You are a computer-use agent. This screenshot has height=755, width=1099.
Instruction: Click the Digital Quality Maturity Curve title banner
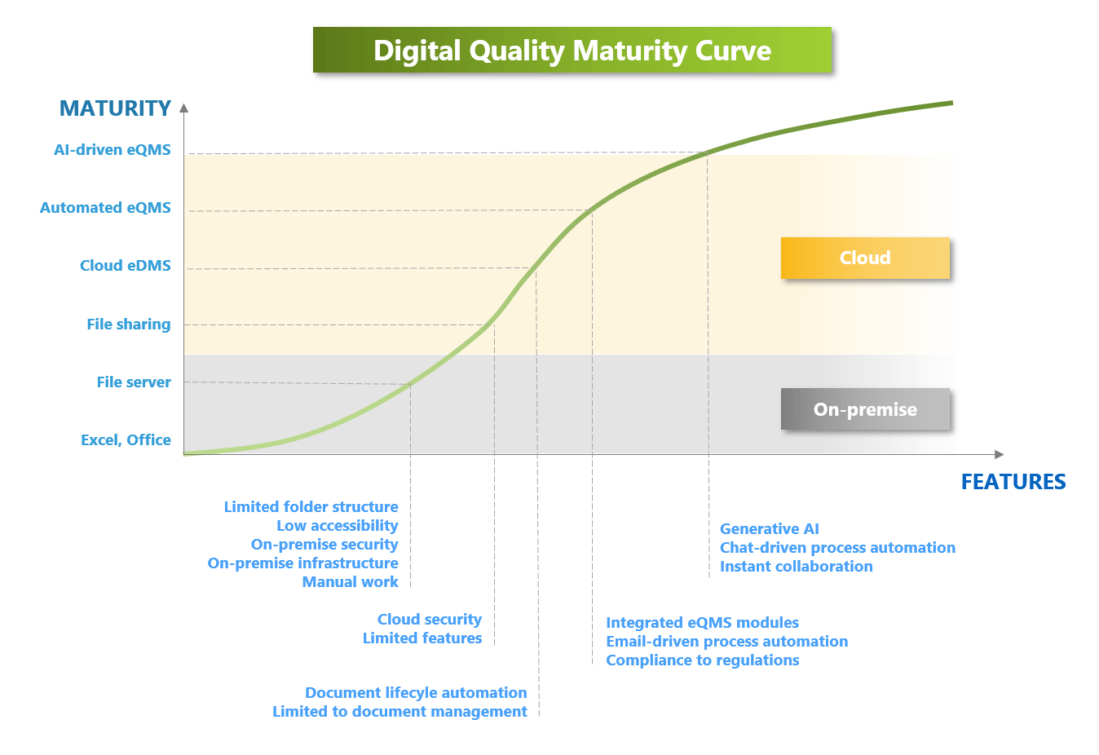[x=572, y=50]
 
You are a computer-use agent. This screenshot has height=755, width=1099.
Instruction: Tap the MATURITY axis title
[x=115, y=108]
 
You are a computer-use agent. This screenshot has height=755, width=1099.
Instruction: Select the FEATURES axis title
[x=1013, y=482]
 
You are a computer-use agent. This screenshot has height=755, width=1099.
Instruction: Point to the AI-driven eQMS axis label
[x=113, y=150]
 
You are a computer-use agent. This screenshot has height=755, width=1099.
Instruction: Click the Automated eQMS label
[x=105, y=208]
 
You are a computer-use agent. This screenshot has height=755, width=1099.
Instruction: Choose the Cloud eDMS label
[x=126, y=266]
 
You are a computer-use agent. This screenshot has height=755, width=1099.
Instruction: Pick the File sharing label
[x=129, y=325]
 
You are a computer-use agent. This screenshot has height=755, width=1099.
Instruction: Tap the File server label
[x=134, y=382]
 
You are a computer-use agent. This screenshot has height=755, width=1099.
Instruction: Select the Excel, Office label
[x=126, y=440]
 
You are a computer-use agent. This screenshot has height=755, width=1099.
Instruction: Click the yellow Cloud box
[x=866, y=258]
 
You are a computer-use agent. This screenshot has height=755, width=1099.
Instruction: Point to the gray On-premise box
[x=866, y=409]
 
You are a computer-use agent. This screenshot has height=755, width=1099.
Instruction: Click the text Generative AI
[x=770, y=529]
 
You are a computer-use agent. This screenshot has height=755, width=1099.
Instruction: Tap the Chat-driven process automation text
[x=837, y=547]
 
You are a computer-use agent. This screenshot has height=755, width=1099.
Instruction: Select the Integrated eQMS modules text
[x=702, y=623]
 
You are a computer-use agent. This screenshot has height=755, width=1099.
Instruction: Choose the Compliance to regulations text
[x=703, y=660]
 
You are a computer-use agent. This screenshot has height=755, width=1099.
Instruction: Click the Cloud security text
[x=430, y=620]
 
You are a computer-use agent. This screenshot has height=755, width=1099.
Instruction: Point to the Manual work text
[x=351, y=582]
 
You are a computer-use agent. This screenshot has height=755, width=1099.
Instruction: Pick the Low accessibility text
[x=338, y=526]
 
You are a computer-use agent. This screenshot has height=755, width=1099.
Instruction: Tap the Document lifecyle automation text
[x=416, y=693]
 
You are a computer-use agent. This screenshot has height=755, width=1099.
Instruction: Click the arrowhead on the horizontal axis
[x=1000, y=454]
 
